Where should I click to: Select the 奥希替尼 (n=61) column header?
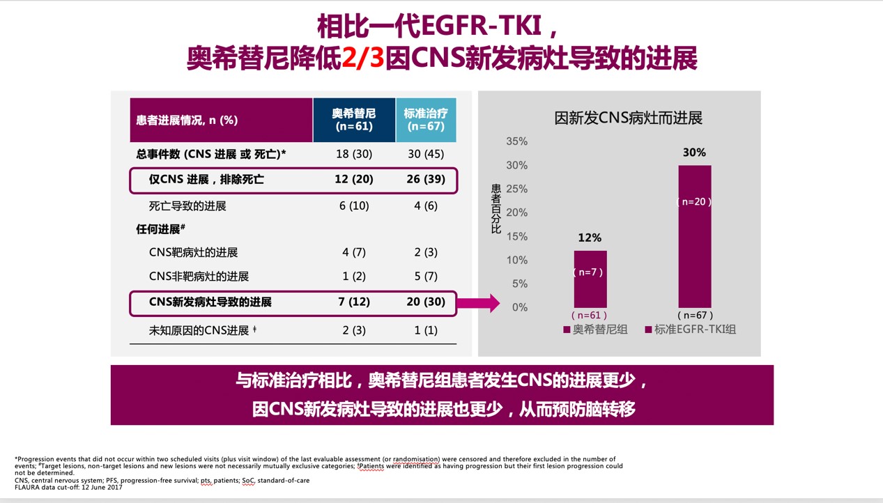(x=353, y=120)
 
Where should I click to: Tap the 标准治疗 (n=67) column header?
(x=426, y=120)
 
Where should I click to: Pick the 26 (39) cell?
(x=426, y=180)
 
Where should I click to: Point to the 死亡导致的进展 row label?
(x=187, y=206)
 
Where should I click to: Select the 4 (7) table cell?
(x=353, y=252)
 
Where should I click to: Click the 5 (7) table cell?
(x=426, y=277)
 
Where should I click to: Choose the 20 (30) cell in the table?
(x=426, y=302)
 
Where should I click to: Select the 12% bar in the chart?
(x=590, y=279)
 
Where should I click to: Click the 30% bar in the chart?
(x=694, y=237)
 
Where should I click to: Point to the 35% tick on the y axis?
(x=516, y=141)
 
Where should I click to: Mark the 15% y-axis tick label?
(x=516, y=236)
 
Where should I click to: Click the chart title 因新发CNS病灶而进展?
(x=628, y=118)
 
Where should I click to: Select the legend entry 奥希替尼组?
(x=595, y=330)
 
